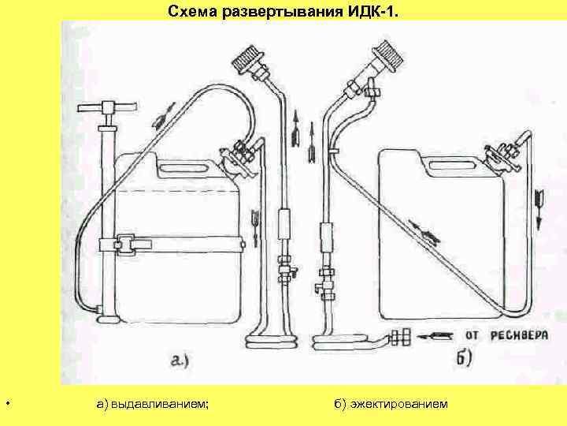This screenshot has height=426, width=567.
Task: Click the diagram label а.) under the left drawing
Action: pyautogui.click(x=185, y=362)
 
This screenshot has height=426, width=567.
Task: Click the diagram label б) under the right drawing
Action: pyautogui.click(x=463, y=358)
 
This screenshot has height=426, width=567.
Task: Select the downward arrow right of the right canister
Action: pyautogui.click(x=539, y=200)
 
